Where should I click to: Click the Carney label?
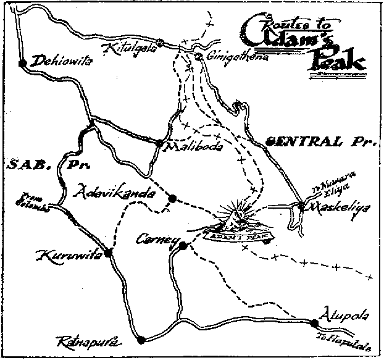pyautogui.click(x=158, y=240)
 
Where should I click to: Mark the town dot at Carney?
pyautogui.click(x=182, y=246)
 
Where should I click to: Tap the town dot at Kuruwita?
pyautogui.click(x=108, y=253)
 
